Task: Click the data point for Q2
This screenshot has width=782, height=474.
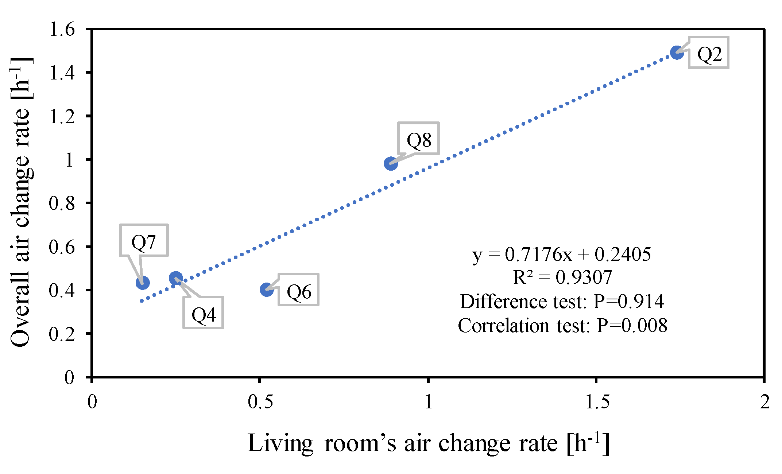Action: (677, 53)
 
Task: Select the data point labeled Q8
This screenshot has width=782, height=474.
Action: (391, 164)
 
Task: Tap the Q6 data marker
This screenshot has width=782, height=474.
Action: (267, 290)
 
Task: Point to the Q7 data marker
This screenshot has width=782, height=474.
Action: (143, 283)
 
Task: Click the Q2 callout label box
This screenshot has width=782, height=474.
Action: (709, 53)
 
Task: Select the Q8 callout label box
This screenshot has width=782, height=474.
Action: (419, 139)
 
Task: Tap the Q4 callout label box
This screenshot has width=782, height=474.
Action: (204, 313)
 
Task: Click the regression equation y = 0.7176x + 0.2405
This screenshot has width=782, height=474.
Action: (562, 254)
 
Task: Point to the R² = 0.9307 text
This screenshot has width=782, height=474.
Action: (562, 277)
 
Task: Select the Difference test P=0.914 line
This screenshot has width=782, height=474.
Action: (562, 302)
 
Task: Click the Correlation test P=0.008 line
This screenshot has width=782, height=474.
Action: (562, 325)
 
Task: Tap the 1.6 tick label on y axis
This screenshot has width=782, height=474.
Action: (62, 29)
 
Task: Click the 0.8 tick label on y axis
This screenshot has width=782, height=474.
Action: (62, 203)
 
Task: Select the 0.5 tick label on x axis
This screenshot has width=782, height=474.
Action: (260, 402)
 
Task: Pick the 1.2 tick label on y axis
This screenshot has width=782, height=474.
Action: (62, 116)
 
